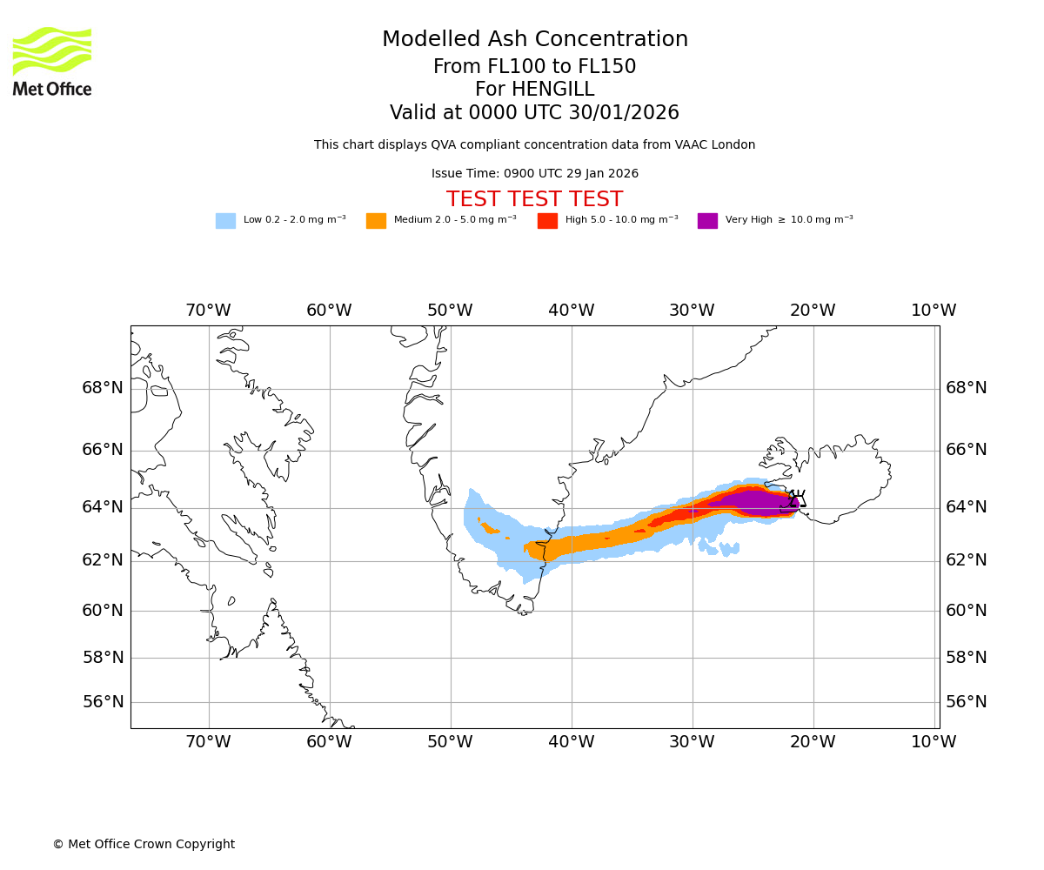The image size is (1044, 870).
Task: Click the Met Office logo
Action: (x=52, y=61)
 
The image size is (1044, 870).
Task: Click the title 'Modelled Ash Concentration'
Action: (x=535, y=40)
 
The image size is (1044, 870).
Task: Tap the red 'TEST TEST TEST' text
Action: (x=535, y=200)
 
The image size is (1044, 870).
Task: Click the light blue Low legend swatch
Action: (x=225, y=221)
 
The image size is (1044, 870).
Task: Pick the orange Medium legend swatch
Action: (x=376, y=221)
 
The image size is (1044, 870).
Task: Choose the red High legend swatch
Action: (x=547, y=221)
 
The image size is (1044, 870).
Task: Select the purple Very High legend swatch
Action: (x=707, y=221)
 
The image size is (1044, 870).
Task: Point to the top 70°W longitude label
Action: (x=208, y=311)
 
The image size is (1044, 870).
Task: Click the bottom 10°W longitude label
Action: (x=934, y=742)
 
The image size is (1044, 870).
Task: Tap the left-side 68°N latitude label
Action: (x=103, y=388)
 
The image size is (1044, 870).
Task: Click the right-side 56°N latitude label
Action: (x=967, y=702)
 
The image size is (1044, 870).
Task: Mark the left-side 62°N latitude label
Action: (x=103, y=560)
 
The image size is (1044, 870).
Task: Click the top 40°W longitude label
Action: (x=571, y=311)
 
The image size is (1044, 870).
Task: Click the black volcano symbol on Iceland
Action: (x=793, y=500)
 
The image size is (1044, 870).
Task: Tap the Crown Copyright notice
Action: (x=144, y=845)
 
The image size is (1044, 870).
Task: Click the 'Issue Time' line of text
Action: (x=535, y=174)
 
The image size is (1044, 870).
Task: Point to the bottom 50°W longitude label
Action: (x=450, y=742)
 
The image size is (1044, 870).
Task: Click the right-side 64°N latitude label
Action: (x=967, y=507)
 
